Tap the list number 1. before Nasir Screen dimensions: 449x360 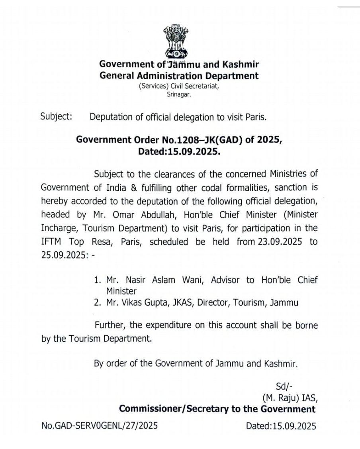click(98, 280)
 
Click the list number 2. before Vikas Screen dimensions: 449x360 click(98, 302)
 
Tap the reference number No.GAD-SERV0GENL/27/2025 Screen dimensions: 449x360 click(100, 426)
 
